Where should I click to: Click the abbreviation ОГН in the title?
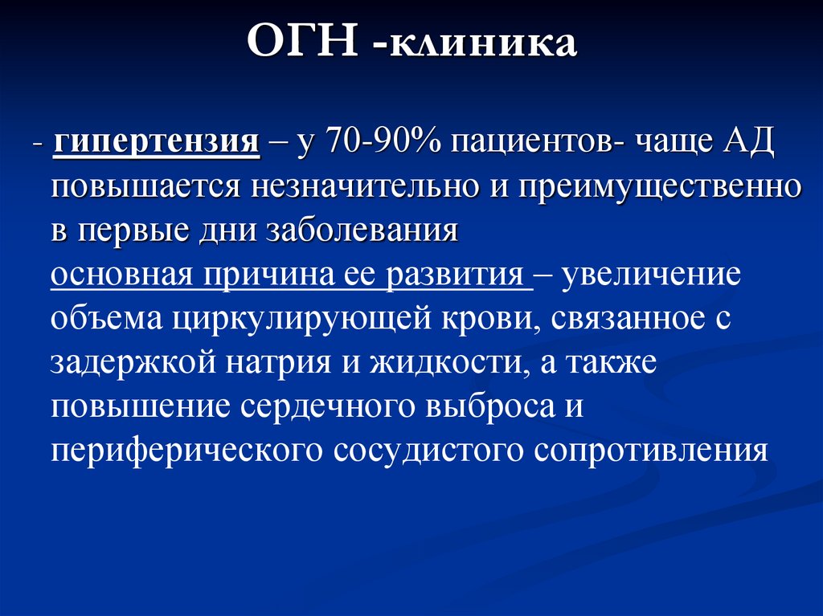[301, 44]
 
